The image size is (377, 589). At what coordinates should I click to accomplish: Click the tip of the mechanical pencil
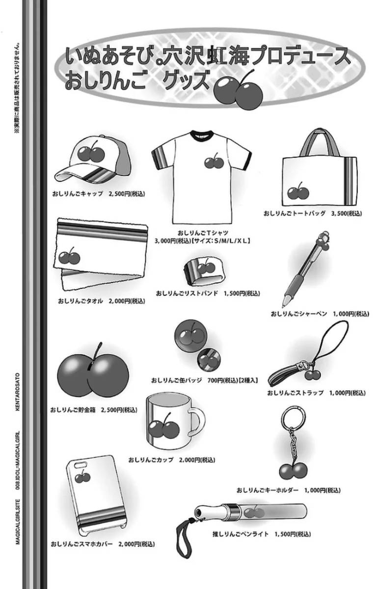coord(283,304)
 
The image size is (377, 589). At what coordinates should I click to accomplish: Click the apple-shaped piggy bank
coord(93,376)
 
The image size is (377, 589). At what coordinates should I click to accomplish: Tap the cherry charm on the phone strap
coord(312,374)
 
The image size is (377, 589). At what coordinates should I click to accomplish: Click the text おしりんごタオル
coord(80,301)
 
